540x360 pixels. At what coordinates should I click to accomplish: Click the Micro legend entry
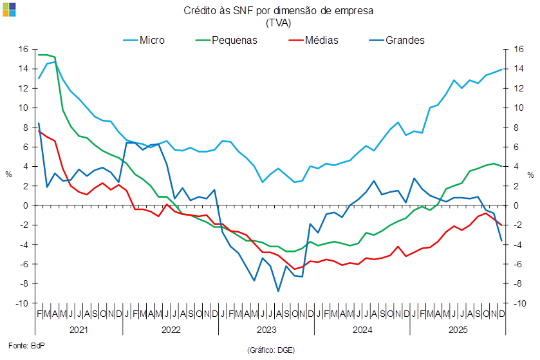(x=151, y=40)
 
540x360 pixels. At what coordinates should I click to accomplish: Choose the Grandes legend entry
(x=405, y=40)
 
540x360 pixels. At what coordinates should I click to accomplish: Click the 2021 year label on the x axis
(x=78, y=330)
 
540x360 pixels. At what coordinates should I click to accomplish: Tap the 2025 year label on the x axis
(x=458, y=330)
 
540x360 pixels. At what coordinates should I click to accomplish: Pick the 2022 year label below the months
(x=171, y=330)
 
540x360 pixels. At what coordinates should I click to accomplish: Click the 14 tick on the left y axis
(x=23, y=69)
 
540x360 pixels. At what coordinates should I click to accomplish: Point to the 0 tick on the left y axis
(x=26, y=205)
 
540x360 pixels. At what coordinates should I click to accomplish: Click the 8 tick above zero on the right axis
(x=517, y=128)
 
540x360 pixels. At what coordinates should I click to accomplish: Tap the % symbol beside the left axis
(x=9, y=174)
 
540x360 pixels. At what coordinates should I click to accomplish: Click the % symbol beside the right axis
(x=531, y=174)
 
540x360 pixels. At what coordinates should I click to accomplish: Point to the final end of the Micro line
(x=502, y=70)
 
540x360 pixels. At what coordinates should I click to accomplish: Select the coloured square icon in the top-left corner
(x=8, y=8)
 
